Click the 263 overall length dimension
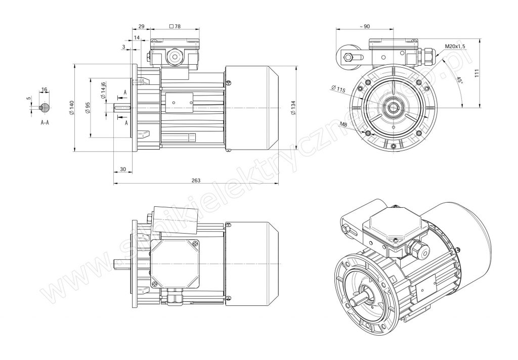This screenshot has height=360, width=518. (x=196, y=181)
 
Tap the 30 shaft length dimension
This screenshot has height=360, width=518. (x=123, y=169)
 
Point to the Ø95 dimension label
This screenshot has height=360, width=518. (x=88, y=108)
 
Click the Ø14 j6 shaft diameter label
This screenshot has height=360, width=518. (x=103, y=90)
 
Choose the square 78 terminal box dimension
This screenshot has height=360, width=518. (x=175, y=26)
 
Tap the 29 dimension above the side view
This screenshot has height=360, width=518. (x=141, y=26)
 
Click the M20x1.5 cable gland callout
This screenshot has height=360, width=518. (x=455, y=46)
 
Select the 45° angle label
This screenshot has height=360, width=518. (x=459, y=80)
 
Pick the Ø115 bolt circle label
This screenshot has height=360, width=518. (x=338, y=88)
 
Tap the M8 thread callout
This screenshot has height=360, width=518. (x=343, y=124)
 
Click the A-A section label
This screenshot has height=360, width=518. (x=45, y=122)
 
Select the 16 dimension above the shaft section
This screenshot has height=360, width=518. (x=45, y=89)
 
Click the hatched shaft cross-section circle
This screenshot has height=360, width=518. (x=45, y=108)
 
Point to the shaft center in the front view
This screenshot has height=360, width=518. (x=394, y=108)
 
